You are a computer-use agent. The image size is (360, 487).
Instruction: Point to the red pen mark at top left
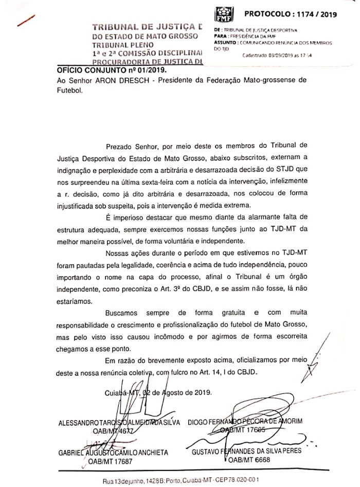click(26, 20)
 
